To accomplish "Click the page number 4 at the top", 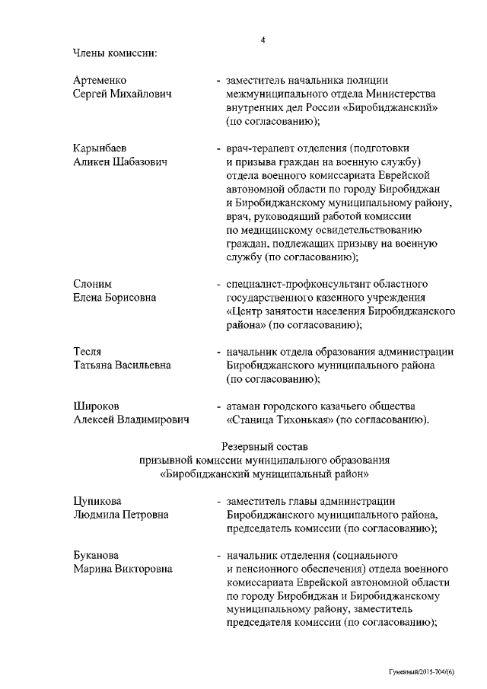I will click(263, 40).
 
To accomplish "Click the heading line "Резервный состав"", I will click(264, 446).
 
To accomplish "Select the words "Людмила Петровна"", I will click(120, 514).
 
